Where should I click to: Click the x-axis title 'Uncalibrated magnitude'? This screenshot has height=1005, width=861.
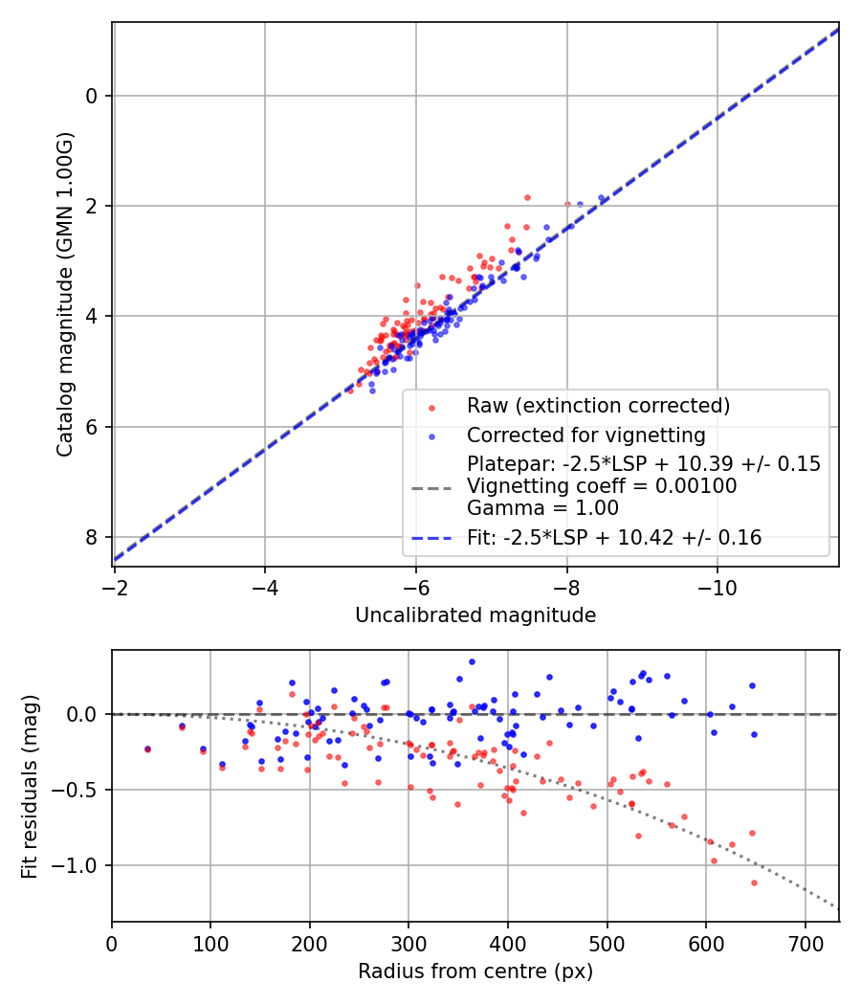click(x=475, y=615)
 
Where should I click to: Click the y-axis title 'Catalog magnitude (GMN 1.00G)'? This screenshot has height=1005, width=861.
click(x=64, y=294)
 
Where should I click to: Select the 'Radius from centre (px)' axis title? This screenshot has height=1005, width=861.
click(x=475, y=971)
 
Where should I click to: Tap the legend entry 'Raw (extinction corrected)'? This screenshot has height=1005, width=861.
click(x=598, y=406)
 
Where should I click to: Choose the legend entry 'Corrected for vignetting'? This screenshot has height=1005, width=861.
click(x=585, y=435)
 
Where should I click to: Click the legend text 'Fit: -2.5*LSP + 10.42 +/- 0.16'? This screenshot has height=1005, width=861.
click(x=614, y=538)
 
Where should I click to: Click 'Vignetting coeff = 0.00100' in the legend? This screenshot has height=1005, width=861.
click(x=602, y=486)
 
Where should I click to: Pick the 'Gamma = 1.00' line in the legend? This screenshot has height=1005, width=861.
click(x=542, y=508)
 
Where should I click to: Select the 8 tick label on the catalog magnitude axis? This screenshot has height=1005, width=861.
click(x=93, y=537)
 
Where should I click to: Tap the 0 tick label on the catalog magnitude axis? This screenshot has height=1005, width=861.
click(x=93, y=96)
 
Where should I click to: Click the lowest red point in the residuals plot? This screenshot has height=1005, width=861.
click(x=754, y=882)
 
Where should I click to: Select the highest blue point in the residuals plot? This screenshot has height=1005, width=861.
click(x=472, y=661)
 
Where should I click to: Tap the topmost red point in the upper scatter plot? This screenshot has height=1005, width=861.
click(x=527, y=197)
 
